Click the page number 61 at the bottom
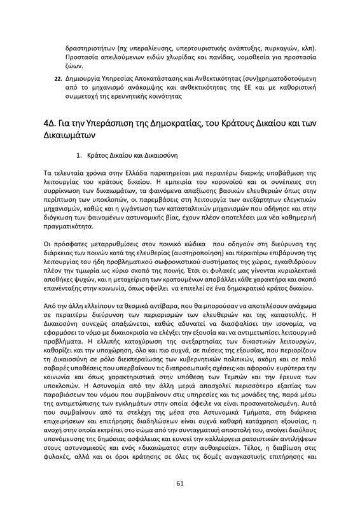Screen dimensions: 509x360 click(x=180, y=484)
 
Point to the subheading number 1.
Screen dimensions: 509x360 click(x=79, y=155)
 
